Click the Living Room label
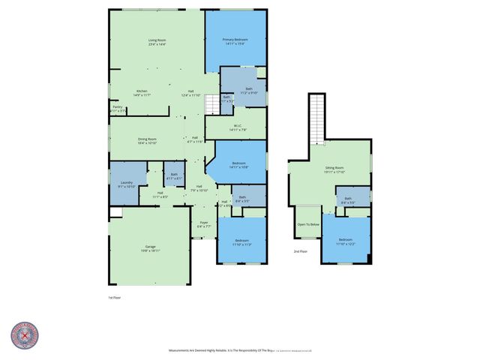pyautogui.click(x=156, y=42)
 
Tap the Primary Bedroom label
pyautogui.click(x=235, y=42)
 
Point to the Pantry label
pyautogui.click(x=117, y=109)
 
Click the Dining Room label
pyautogui.click(x=147, y=140)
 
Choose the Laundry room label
pyautogui.click(x=126, y=184)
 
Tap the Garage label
pyautogui.click(x=150, y=248)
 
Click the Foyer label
pyautogui.click(x=203, y=224)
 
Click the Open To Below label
pyautogui.click(x=308, y=224)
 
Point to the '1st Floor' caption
pyautogui.click(x=115, y=297)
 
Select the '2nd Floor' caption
pyautogui.click(x=300, y=252)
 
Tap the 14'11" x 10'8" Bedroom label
pyautogui.click(x=239, y=165)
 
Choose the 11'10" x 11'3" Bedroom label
pyautogui.click(x=241, y=242)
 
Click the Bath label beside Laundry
pyautogui.click(x=173, y=177)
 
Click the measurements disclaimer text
pyautogui.click(x=240, y=350)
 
